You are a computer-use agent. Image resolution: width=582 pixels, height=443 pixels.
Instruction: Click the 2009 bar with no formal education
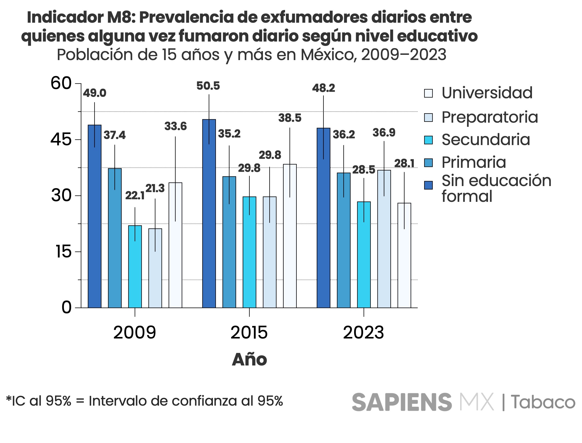click(95, 216)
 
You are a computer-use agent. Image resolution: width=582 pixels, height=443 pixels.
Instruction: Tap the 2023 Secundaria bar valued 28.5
click(364, 255)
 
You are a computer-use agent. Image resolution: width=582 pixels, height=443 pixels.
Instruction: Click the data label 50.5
click(208, 86)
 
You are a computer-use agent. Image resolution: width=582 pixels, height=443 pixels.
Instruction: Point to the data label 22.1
click(135, 196)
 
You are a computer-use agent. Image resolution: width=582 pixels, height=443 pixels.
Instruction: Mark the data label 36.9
click(384, 133)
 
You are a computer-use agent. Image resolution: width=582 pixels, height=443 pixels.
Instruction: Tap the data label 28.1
click(404, 164)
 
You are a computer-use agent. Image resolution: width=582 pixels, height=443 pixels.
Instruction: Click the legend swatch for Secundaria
click(428, 140)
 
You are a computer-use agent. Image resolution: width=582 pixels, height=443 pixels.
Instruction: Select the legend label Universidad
click(487, 93)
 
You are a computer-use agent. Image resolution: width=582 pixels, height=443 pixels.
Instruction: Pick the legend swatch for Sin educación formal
click(428, 185)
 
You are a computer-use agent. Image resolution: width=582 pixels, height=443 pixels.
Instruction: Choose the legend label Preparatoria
click(490, 117)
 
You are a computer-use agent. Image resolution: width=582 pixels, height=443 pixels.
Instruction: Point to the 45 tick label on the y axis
click(61, 139)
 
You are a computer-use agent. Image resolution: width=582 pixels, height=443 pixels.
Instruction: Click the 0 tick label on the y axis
click(66, 307)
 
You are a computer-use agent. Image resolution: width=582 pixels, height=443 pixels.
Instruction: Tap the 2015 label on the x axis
click(249, 333)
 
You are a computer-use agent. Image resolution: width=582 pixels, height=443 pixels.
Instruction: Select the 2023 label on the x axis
click(364, 333)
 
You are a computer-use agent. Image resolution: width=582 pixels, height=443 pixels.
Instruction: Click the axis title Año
click(249, 360)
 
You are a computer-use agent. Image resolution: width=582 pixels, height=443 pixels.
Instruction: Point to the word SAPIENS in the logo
click(401, 402)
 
